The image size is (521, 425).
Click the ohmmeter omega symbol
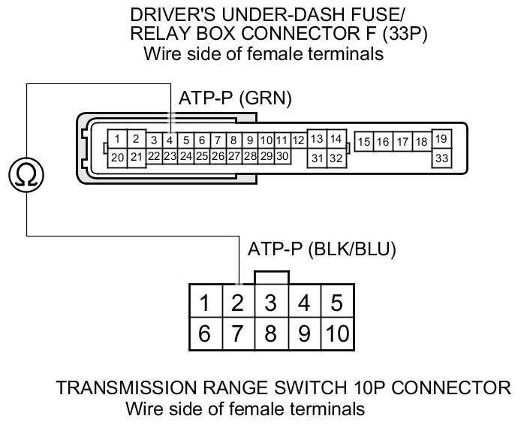pyautogui.click(x=27, y=175)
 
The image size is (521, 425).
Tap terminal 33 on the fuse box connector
pyautogui.click(x=441, y=158)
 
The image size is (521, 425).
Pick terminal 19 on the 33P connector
pyautogui.click(x=441, y=139)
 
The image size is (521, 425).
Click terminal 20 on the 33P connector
pyautogui.click(x=117, y=157)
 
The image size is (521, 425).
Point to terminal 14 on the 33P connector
pyautogui.click(x=336, y=139)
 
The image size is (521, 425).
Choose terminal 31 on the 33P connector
pyautogui.click(x=317, y=158)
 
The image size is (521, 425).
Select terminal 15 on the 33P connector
pyautogui.click(x=365, y=141)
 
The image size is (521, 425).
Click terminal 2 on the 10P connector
pyautogui.click(x=237, y=303)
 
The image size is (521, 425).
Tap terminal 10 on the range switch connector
pyautogui.click(x=338, y=333)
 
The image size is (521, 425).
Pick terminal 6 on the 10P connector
pyautogui.click(x=204, y=333)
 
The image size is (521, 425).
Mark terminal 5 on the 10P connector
pyautogui.click(x=337, y=303)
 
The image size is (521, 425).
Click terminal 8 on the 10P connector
pyautogui.click(x=271, y=333)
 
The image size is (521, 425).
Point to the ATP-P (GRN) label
pyautogui.click(x=235, y=98)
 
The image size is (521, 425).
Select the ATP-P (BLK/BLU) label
pyautogui.click(x=321, y=249)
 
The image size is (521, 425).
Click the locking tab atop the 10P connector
pyautogui.click(x=271, y=278)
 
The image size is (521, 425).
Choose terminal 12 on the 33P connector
pyautogui.click(x=298, y=140)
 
